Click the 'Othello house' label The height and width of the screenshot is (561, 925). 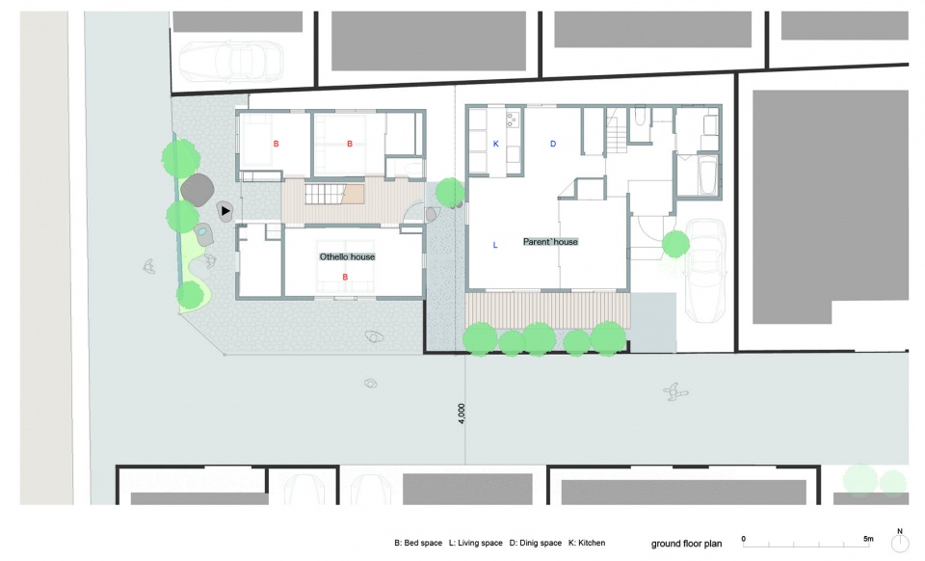tap(347, 256)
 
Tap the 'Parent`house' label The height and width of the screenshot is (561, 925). tap(550, 241)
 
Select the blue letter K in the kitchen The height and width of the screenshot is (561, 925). tap(495, 144)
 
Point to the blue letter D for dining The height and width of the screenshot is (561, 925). tap(553, 144)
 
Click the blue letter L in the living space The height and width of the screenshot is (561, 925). tap(495, 245)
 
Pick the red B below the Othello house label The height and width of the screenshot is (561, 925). tap(345, 278)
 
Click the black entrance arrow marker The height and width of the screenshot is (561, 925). tap(225, 210)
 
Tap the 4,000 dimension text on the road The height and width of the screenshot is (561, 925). tap(462, 413)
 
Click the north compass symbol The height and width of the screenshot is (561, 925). tap(900, 543)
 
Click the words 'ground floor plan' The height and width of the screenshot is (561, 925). tap(686, 544)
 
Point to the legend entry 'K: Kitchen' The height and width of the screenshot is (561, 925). tap(587, 543)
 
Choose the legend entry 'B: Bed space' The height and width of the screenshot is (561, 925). tap(418, 543)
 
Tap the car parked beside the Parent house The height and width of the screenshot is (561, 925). tap(705, 270)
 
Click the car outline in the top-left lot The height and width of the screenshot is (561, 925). tap(231, 61)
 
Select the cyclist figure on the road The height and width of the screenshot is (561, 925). tap(675, 391)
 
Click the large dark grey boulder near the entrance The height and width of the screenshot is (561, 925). tap(197, 190)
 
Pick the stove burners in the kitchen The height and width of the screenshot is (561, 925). tap(512, 120)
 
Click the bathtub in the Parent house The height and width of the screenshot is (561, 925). tap(707, 174)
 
